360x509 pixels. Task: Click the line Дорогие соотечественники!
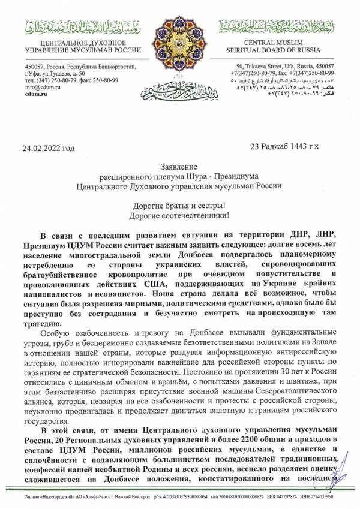point(179,214)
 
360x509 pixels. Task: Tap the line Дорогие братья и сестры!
point(180,204)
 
